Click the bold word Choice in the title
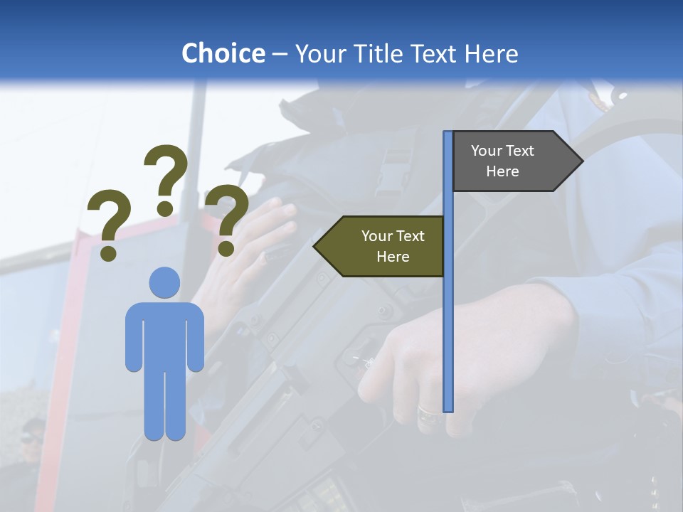point(223,53)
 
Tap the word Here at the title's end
point(491,53)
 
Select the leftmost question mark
point(108,217)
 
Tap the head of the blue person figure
point(164,282)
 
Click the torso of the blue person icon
point(164,334)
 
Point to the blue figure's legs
point(164,405)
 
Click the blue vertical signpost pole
point(448,320)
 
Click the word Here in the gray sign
point(502,171)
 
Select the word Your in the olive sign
point(376,236)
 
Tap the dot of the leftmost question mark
point(108,252)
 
